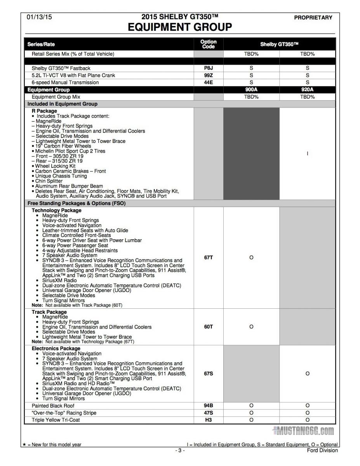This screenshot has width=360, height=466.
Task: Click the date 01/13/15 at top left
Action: tap(39, 17)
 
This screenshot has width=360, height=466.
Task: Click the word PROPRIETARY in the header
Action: tap(313, 17)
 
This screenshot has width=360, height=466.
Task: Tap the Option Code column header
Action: tap(209, 44)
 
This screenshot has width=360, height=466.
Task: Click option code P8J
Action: tap(209, 68)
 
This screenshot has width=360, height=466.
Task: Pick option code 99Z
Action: tap(209, 75)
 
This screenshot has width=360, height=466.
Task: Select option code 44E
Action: tap(209, 82)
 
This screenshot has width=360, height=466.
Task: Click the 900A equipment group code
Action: tap(251, 90)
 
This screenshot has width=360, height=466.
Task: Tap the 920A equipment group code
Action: tap(307, 90)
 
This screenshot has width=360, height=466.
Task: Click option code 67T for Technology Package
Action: tap(209, 257)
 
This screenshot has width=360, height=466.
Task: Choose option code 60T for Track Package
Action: tap(209, 327)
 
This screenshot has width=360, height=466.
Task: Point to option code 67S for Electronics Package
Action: tap(209, 374)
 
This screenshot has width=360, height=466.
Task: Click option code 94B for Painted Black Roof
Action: tap(209, 406)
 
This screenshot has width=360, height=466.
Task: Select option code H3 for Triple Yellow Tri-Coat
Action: tap(209, 420)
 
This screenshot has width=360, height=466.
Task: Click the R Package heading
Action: tap(44, 111)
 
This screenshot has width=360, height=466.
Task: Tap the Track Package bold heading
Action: tap(49, 312)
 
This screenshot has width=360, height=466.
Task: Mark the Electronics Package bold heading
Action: tap(56, 349)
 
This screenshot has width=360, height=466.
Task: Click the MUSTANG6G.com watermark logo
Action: tap(303, 431)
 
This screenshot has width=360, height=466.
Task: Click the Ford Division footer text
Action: tap(322, 450)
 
